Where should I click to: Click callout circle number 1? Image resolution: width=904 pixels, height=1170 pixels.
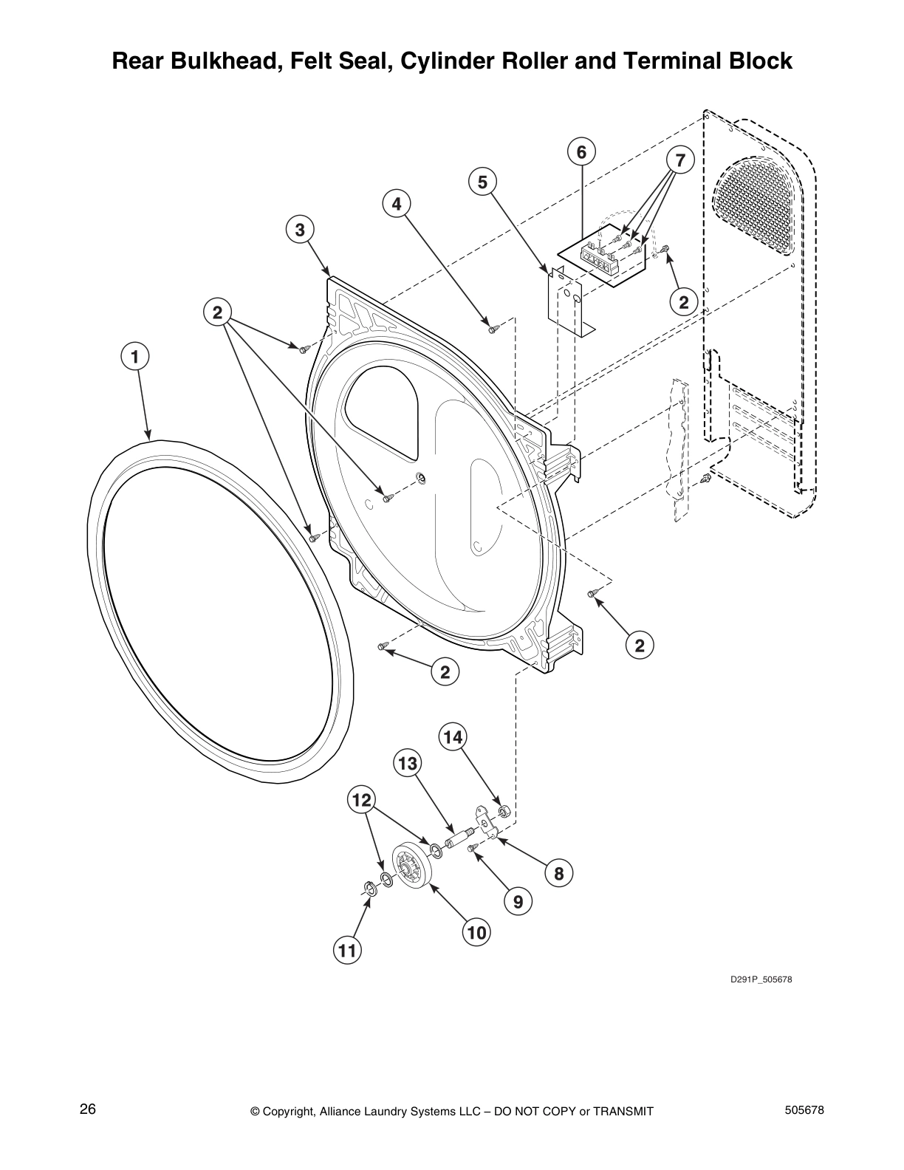[x=134, y=357]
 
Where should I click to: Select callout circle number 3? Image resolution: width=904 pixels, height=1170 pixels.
[x=300, y=230]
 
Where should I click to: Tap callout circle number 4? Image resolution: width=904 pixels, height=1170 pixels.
[x=397, y=204]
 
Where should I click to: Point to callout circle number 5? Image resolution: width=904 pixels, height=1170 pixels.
[x=482, y=182]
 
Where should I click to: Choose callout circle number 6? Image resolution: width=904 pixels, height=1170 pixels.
[x=581, y=152]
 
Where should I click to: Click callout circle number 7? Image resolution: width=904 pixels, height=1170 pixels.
[x=680, y=160]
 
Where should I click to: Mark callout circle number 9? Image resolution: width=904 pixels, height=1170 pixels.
[x=518, y=902]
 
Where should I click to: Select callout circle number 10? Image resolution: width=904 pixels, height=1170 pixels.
[x=476, y=933]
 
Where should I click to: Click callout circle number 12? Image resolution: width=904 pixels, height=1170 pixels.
[x=362, y=799]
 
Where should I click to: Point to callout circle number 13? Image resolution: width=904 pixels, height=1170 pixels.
[x=408, y=764]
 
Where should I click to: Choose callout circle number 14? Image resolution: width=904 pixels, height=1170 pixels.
[x=453, y=736]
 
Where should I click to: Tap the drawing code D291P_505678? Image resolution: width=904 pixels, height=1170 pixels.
[x=761, y=980]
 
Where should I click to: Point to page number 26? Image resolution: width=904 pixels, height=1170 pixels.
[x=88, y=1110]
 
